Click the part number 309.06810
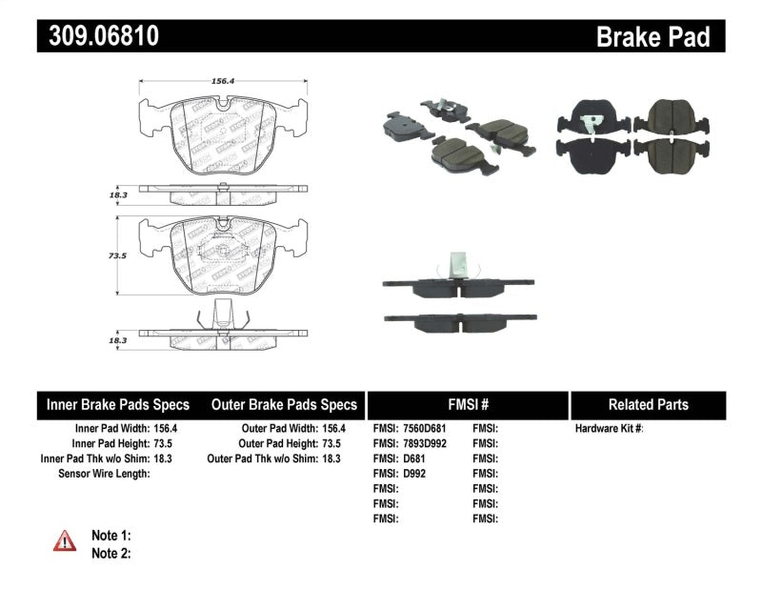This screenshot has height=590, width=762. coord(99,37)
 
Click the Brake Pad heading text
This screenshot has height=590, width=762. coord(652,37)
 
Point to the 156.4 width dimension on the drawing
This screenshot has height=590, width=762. coord(224,81)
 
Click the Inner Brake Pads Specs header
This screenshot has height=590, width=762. coord(118,404)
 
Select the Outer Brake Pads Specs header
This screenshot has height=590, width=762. coord(284,404)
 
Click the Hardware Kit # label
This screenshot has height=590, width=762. coord(609,429)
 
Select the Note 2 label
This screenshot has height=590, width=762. coord(110,553)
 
